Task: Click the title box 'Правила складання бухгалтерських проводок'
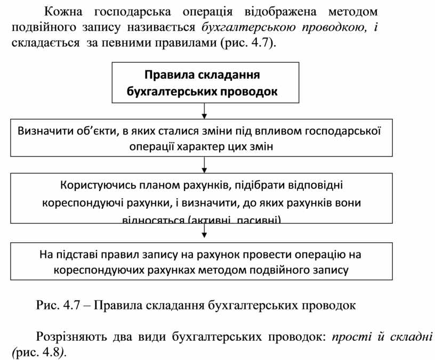click(x=202, y=83)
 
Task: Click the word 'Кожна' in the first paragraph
click(x=61, y=11)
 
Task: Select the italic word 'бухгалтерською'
click(x=244, y=27)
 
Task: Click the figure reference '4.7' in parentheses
click(x=262, y=43)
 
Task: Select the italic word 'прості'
click(x=348, y=337)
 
